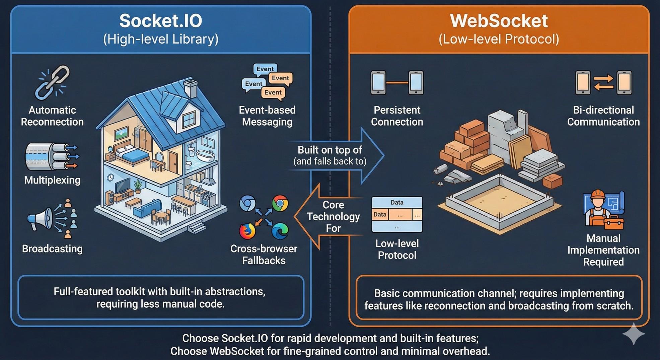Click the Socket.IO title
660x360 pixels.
point(161,21)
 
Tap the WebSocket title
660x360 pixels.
point(499,21)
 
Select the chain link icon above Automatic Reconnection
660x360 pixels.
point(53,82)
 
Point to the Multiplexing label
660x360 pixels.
point(52,180)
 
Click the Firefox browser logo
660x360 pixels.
point(247,231)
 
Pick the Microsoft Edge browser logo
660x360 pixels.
point(280,231)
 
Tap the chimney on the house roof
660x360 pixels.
point(191,88)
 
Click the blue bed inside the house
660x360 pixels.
point(129,154)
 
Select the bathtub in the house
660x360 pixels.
point(205,156)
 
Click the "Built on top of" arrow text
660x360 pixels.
point(330,150)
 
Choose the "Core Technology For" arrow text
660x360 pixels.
point(333,216)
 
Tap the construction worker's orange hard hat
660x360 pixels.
point(598,194)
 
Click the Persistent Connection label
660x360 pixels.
point(397,116)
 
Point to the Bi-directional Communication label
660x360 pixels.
point(603,116)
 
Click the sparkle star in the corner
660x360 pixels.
point(634,334)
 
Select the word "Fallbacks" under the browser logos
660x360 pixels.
point(264,261)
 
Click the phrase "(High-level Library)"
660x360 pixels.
point(161,39)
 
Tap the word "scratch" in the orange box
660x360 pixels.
point(615,306)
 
